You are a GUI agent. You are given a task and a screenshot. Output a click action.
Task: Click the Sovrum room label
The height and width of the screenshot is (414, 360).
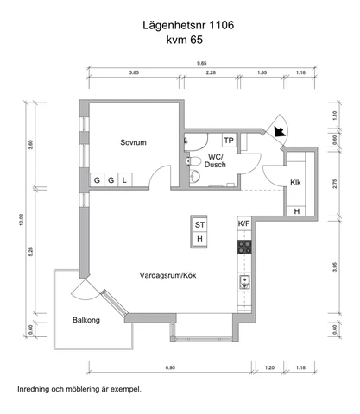click(x=133, y=142)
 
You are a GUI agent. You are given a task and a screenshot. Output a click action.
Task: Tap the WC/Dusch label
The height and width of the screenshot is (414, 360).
click(x=215, y=160)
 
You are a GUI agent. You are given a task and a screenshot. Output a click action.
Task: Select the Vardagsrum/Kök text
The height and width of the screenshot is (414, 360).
click(x=167, y=275)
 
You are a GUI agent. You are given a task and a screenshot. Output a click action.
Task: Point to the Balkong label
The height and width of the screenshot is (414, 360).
click(x=86, y=320)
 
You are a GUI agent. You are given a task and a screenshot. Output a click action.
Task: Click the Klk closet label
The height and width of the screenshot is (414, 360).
click(x=295, y=182)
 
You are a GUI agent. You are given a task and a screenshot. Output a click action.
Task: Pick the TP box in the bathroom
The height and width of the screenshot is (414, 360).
click(x=229, y=141)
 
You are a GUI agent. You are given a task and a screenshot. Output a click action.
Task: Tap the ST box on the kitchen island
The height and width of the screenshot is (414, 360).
click(x=199, y=224)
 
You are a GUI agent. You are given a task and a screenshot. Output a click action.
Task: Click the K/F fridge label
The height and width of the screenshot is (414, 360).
click(x=244, y=223)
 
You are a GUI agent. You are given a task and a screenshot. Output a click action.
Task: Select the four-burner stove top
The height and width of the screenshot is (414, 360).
click(x=244, y=248)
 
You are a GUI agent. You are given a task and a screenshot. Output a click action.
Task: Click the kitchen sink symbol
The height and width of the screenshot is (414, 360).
click(x=244, y=282)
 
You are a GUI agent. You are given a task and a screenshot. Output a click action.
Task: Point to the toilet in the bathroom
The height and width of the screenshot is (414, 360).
click(x=193, y=161)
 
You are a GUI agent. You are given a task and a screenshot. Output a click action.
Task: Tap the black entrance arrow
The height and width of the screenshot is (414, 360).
click(x=280, y=131)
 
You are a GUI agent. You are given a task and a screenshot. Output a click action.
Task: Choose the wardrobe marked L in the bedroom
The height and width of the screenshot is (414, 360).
click(x=124, y=180)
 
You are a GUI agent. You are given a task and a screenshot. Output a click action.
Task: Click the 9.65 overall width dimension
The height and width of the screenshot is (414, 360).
click(x=202, y=63)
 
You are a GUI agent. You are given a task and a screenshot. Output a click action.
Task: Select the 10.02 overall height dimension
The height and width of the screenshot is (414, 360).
click(x=22, y=220)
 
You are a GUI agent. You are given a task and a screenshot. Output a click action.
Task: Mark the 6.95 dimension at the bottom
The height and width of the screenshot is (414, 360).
click(x=170, y=367)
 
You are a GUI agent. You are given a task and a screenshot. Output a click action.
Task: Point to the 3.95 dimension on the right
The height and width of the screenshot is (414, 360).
click(x=334, y=267)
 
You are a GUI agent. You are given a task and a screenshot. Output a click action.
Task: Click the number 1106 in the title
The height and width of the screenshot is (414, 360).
click(x=221, y=25)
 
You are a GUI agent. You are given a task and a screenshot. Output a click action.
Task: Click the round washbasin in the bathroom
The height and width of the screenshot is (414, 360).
click(x=194, y=176)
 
